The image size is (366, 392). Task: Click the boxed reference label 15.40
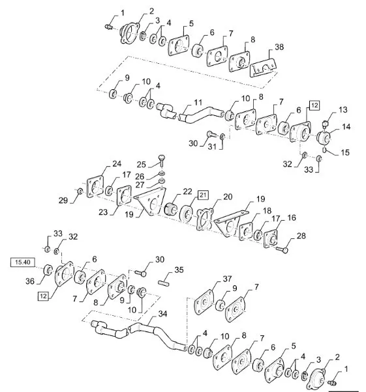point(23,262)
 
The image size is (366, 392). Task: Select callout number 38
point(279,47)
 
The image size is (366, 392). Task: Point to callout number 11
point(198,102)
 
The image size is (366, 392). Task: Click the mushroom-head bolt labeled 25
point(162,160)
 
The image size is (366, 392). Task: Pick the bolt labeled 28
point(282,249)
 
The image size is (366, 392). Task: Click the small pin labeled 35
point(164,283)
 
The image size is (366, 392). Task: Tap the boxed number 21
point(203,195)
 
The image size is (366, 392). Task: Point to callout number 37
point(227,279)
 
